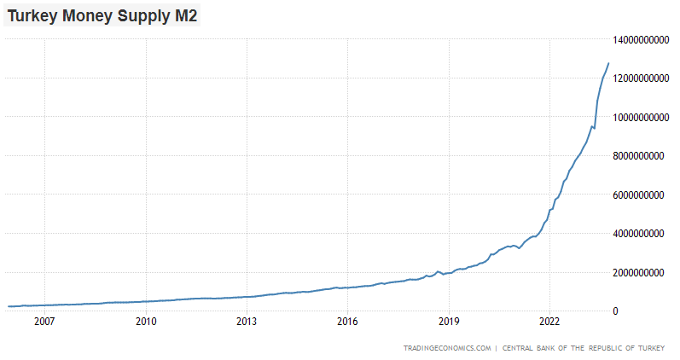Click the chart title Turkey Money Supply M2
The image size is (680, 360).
click(x=102, y=15)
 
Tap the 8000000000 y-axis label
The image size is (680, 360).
click(x=641, y=156)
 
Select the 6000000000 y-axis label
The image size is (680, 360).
click(x=641, y=195)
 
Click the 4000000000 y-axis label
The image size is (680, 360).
click(x=641, y=234)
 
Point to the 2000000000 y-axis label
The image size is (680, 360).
click(x=641, y=272)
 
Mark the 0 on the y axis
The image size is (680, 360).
click(x=617, y=311)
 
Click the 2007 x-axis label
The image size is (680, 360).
click(x=44, y=322)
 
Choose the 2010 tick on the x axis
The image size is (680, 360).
click(x=146, y=322)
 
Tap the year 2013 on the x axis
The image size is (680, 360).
click(x=247, y=322)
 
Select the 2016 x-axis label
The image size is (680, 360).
click(x=347, y=322)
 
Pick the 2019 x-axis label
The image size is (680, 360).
click(x=449, y=322)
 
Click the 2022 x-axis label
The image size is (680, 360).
click(x=549, y=322)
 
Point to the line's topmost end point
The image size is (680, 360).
click(x=608, y=63)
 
